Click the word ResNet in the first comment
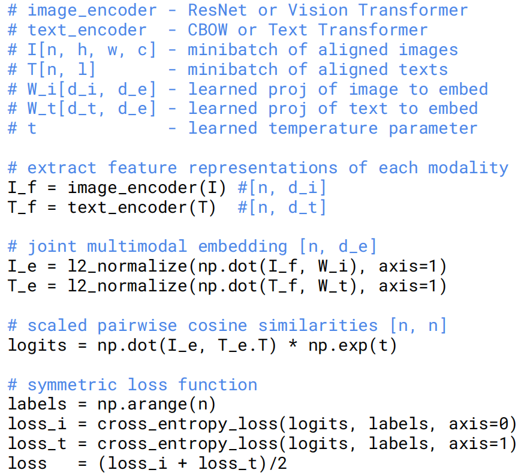tap(218, 10)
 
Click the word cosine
tap(218, 326)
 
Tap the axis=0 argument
tap(483, 424)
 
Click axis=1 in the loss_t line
tap(483, 444)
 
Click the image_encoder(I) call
tap(147, 188)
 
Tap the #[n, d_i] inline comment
tap(282, 188)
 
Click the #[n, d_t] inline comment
tap(282, 207)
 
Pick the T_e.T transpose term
tap(248, 345)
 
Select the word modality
tap(468, 168)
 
